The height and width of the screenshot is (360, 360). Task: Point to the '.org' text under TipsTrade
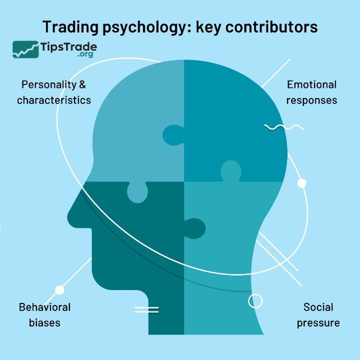(x=86, y=55)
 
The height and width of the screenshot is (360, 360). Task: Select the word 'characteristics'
(x=54, y=100)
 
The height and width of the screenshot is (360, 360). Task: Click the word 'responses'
(x=311, y=100)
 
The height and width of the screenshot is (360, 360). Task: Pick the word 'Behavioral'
(x=44, y=306)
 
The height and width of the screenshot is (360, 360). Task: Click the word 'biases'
(x=44, y=322)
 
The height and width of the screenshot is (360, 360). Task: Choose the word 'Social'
(x=318, y=306)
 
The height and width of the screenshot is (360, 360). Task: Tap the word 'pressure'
(x=318, y=322)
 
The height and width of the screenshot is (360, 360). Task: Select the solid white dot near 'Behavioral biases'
(x=59, y=289)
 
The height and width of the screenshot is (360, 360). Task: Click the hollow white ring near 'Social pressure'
(x=255, y=300)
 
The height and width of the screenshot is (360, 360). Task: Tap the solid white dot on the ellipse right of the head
(x=301, y=183)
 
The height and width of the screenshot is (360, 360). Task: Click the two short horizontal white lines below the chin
(x=146, y=309)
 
